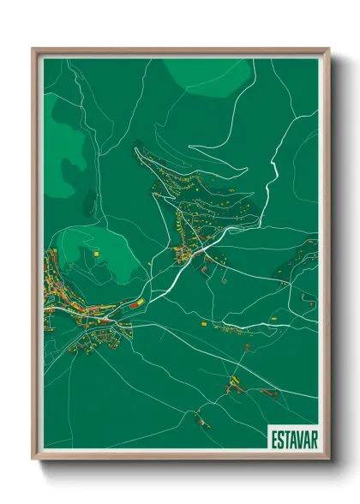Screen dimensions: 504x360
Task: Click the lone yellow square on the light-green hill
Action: click(98, 254)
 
